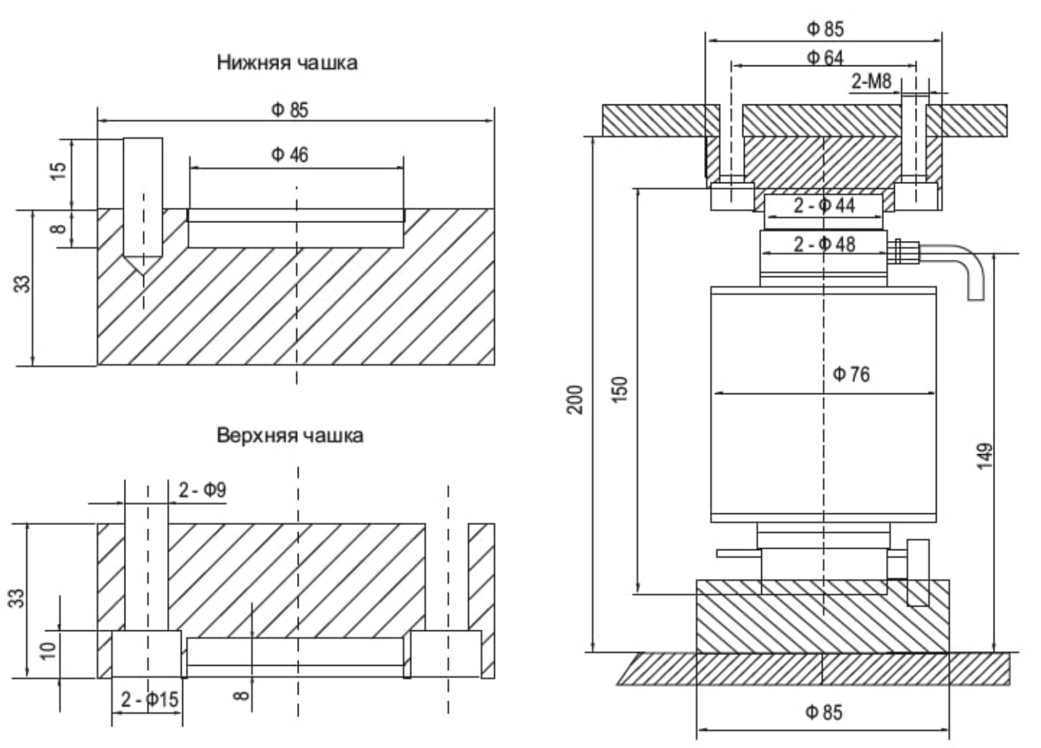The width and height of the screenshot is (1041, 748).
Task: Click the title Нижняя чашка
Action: [x=287, y=63]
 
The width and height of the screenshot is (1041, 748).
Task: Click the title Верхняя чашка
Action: [x=290, y=436]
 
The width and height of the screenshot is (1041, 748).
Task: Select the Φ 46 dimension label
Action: [x=289, y=155]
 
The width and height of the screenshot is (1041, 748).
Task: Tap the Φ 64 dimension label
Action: [x=825, y=58]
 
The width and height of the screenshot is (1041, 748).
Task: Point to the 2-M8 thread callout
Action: [x=871, y=82]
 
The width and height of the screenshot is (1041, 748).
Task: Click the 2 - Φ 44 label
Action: [x=825, y=206]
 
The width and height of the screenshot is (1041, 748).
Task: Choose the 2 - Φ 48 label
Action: [x=825, y=244]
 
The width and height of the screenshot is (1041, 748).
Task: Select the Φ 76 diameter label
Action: [x=851, y=375]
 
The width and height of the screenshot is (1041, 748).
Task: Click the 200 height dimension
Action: [x=575, y=399]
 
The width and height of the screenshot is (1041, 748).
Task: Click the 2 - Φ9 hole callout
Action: [x=202, y=490]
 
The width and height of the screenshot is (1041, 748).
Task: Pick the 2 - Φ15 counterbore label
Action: [x=149, y=699]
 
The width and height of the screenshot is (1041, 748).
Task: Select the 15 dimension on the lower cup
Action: [x=60, y=171]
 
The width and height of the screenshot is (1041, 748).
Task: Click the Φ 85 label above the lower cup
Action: [x=289, y=110]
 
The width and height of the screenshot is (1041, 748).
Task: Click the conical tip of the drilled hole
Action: [x=143, y=267]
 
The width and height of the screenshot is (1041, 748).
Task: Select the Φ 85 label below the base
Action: [x=824, y=712]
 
